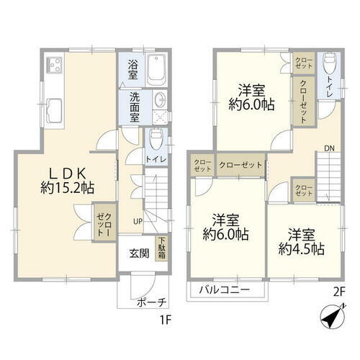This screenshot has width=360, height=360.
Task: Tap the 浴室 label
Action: click(133, 68)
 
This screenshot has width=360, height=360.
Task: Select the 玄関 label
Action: click(139, 253)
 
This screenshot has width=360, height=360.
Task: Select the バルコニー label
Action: click(226, 290)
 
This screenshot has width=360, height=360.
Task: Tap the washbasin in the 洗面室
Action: click(159, 102)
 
